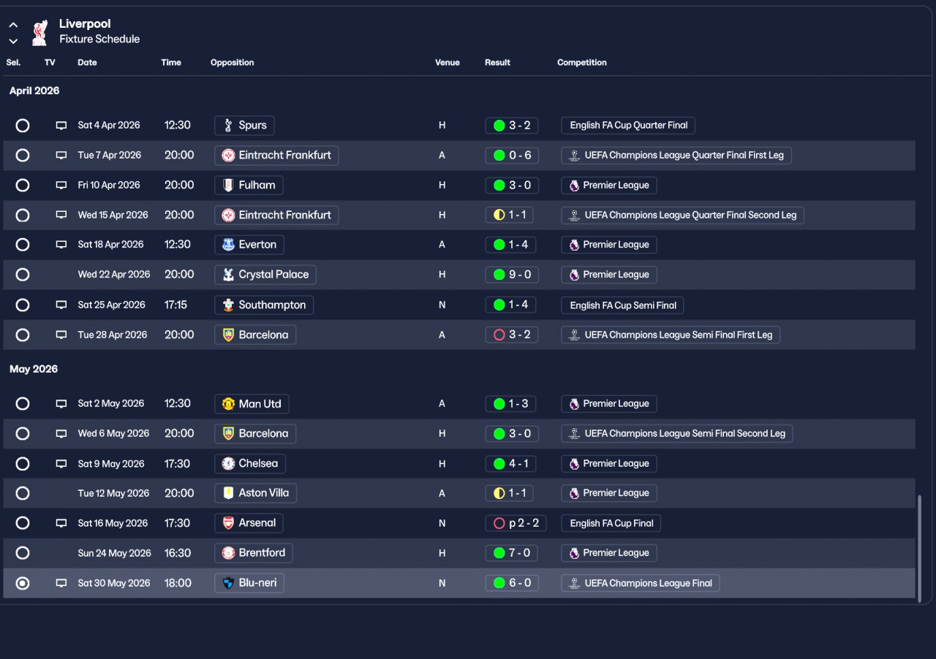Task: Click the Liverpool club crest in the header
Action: point(40,33)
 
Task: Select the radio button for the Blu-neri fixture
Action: point(23,583)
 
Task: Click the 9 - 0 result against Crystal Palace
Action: point(512,275)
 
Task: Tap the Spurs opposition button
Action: point(244,125)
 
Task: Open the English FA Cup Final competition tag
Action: point(611,523)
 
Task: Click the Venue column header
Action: point(447,63)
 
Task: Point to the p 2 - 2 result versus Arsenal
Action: point(516,523)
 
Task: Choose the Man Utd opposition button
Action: point(252,404)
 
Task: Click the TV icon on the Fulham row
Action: point(61,185)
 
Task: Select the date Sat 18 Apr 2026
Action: point(110,245)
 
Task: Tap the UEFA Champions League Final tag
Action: point(640,583)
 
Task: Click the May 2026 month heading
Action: point(34,369)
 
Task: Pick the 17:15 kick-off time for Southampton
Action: point(175,305)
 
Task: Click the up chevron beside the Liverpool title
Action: point(13,25)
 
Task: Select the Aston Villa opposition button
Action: point(255,493)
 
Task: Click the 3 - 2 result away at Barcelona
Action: point(512,335)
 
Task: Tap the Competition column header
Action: point(581,63)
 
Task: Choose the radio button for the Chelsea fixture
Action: point(23,463)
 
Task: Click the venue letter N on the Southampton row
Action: point(442,305)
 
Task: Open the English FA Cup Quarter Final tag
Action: point(628,125)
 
